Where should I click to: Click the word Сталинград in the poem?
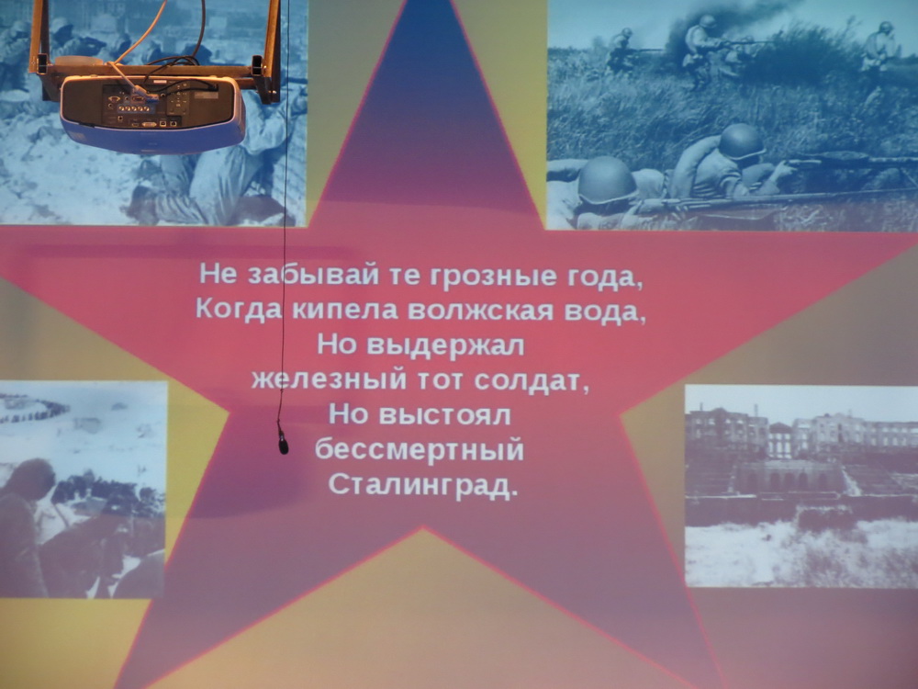[x=423, y=486]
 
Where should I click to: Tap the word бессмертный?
[x=420, y=450]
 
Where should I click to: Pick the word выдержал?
[x=445, y=345]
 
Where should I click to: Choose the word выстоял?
[x=445, y=415]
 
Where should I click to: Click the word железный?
[x=329, y=380]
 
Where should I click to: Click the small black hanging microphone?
[x=284, y=442]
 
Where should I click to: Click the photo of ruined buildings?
[x=801, y=486]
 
